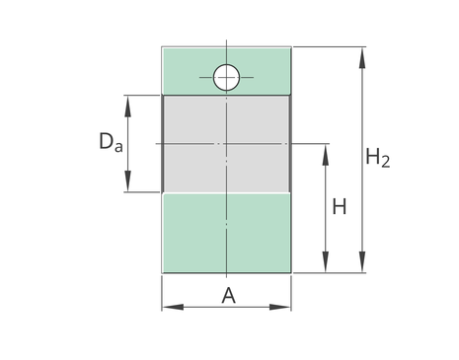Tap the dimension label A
(x=229, y=295)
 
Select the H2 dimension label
(x=378, y=158)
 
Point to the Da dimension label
(x=111, y=141)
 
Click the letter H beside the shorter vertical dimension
(x=340, y=207)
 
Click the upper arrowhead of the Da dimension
(x=127, y=107)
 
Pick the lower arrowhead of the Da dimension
(x=127, y=180)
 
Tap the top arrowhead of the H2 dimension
(x=362, y=58)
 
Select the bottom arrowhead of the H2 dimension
(x=362, y=261)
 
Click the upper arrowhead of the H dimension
(x=326, y=155)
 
